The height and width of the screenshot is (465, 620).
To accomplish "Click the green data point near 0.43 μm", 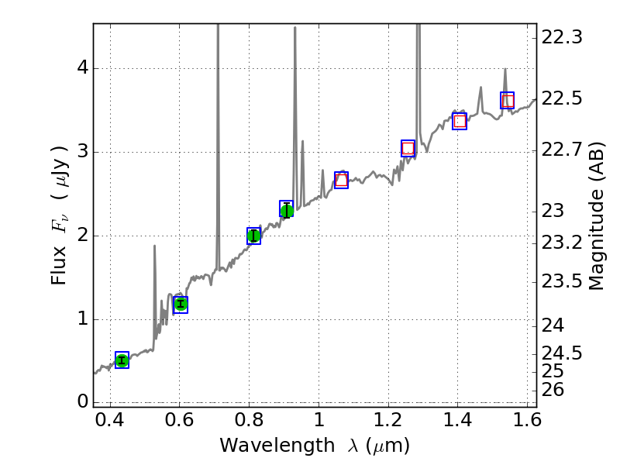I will [x=122, y=360].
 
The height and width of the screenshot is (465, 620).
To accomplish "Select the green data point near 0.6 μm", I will [x=181, y=304].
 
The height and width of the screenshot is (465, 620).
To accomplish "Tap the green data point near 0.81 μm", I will [x=253, y=236].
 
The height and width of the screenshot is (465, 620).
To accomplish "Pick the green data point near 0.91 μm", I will [x=287, y=209].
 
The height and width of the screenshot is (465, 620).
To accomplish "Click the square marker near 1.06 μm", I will [x=341, y=180].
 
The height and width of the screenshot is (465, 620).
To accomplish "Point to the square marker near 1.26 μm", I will [x=408, y=148].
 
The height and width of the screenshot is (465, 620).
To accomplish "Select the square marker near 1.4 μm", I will [x=460, y=121].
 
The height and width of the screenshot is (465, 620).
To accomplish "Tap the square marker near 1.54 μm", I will [x=508, y=100].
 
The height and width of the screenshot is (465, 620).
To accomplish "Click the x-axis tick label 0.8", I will [x=249, y=424].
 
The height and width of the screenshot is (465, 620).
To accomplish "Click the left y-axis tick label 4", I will [x=81, y=68].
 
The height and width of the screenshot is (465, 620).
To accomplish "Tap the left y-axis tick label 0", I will [x=81, y=402].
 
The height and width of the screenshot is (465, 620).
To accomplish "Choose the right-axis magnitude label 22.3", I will [x=562, y=37].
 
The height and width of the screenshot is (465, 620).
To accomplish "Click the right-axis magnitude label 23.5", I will [x=562, y=281].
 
